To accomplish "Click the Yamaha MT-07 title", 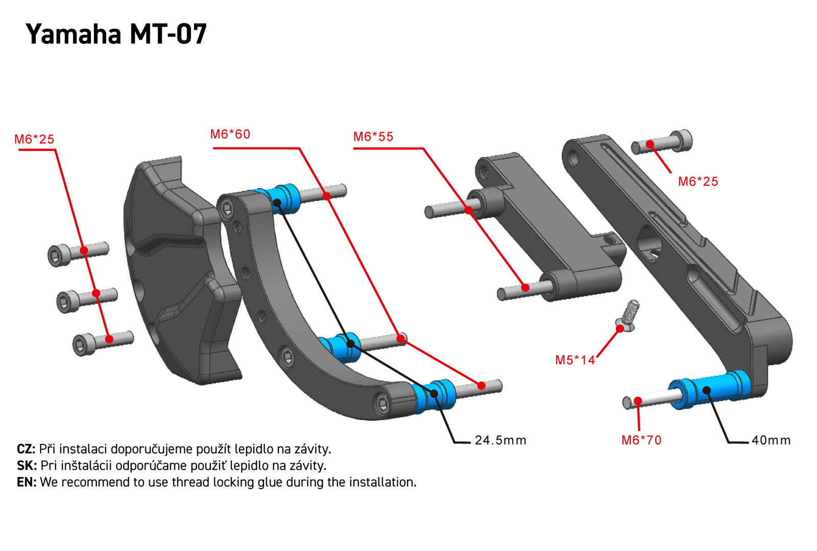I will pyautogui.click(x=116, y=35).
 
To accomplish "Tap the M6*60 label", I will pyautogui.click(x=230, y=134).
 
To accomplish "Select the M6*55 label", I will pyautogui.click(x=373, y=137).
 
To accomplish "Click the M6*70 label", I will pyautogui.click(x=641, y=440).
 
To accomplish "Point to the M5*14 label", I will pyautogui.click(x=575, y=360).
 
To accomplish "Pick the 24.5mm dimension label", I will pyautogui.click(x=500, y=440).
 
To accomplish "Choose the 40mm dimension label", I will pyautogui.click(x=771, y=440).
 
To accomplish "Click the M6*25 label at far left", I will pyautogui.click(x=34, y=139).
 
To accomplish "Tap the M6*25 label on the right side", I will pyautogui.click(x=698, y=182).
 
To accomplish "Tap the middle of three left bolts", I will pyautogui.click(x=86, y=298).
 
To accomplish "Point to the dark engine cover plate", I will pyautogui.click(x=179, y=270).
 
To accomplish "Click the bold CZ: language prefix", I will pyautogui.click(x=26, y=449).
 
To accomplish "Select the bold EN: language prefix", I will pyautogui.click(x=27, y=482).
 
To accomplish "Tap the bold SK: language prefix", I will pyautogui.click(x=27, y=466).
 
